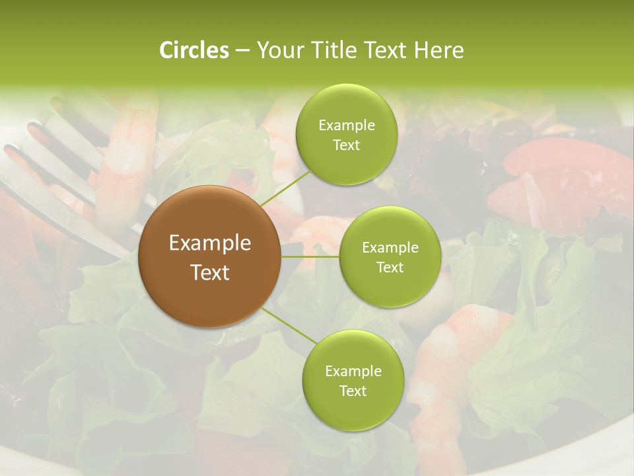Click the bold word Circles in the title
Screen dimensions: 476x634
[x=194, y=50]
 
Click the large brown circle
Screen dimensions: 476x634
[x=209, y=257]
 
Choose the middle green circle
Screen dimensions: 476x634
[x=390, y=257]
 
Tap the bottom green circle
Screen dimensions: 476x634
[x=353, y=380]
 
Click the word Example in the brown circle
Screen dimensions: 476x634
[x=209, y=243]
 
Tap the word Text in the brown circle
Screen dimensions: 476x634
[x=209, y=272]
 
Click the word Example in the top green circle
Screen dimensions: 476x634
[x=346, y=126]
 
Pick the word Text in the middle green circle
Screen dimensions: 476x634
[x=390, y=267]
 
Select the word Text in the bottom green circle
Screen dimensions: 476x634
[x=353, y=391]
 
